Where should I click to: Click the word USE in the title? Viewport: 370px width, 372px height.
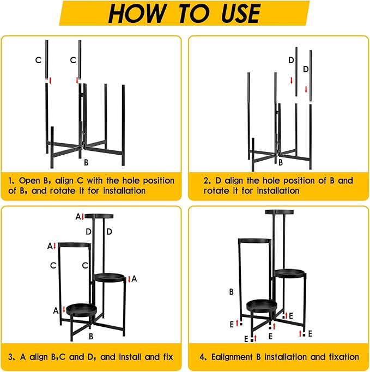[x=240, y=13]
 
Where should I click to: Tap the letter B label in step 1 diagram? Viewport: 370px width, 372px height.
[x=86, y=162]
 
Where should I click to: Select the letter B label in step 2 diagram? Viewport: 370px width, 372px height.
[x=281, y=162]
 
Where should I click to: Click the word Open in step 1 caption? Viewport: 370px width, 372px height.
[x=29, y=180]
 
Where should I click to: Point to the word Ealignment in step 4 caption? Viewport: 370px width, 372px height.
[x=232, y=357]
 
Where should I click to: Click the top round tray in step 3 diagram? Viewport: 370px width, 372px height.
[x=99, y=216]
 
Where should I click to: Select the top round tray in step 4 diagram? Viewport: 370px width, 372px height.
[x=280, y=212]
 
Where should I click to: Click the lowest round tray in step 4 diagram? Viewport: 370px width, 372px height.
[x=262, y=306]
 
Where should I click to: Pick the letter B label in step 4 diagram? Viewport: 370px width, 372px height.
[x=232, y=291]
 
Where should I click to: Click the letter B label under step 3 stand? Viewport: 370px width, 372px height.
[x=91, y=336]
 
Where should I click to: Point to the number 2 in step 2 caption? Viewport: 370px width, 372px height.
[x=206, y=181]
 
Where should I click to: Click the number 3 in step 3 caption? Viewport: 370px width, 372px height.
[x=10, y=357]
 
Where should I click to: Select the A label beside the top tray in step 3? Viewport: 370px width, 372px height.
[x=78, y=217]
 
